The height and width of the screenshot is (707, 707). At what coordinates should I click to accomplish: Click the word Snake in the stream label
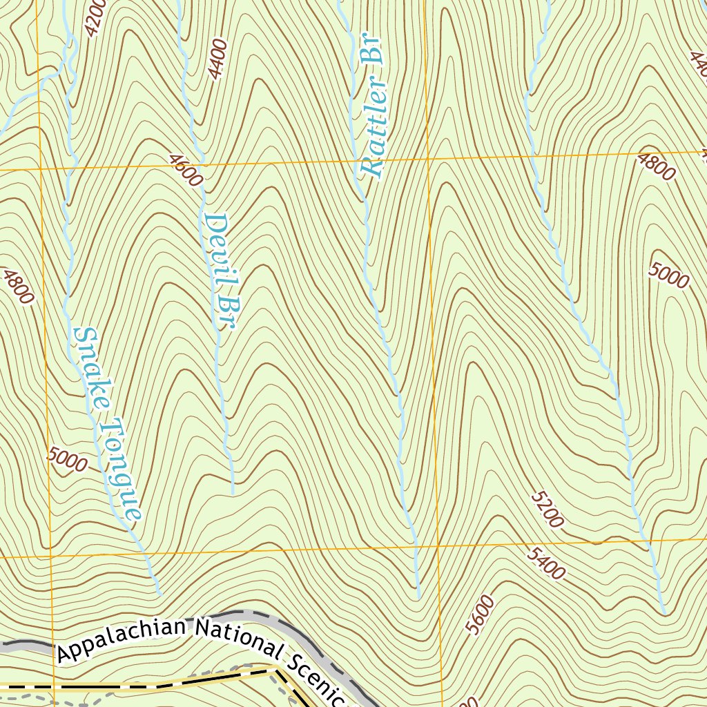click(94, 367)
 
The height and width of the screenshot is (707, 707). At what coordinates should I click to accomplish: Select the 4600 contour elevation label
click(186, 171)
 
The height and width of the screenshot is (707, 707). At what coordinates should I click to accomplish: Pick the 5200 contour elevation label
click(548, 510)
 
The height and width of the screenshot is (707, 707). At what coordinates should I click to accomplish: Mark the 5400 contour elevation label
click(546, 563)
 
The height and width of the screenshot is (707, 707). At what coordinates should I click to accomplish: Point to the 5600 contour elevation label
click(481, 614)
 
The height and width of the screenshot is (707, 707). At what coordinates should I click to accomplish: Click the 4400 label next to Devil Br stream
click(218, 59)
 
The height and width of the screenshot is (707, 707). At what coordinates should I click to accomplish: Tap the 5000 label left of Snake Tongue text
click(68, 459)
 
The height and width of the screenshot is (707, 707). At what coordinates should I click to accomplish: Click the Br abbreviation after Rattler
click(373, 50)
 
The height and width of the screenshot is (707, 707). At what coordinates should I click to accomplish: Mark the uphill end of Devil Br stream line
click(233, 493)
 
